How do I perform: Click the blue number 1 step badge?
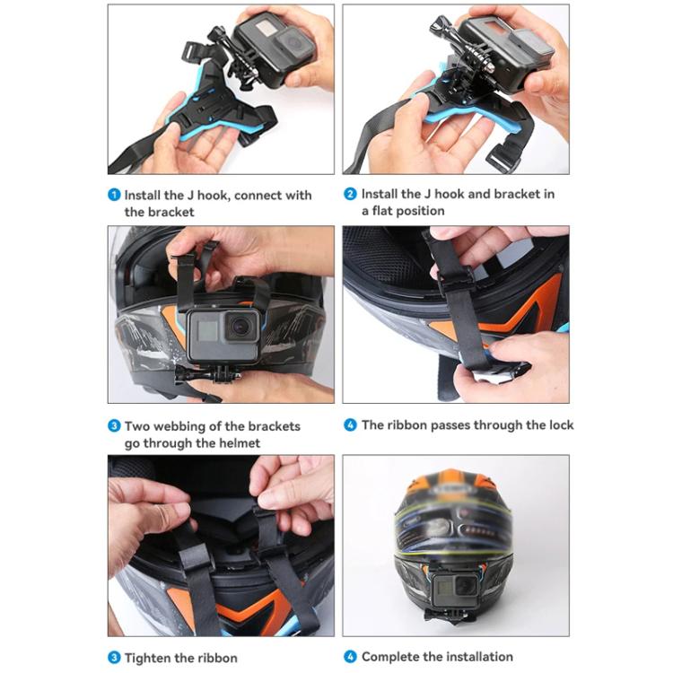pos(114,195)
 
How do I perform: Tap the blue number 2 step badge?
pos(351,194)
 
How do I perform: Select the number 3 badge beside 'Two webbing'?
pos(114,426)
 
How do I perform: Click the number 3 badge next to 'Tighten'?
pos(114,658)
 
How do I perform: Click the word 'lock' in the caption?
pos(558,425)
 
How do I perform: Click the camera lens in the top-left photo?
pos(288,39)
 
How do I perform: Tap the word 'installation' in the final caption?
pos(470,657)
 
